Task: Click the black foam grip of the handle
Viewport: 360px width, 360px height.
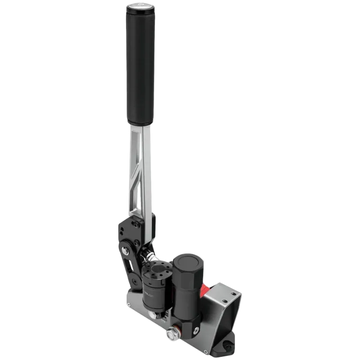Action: point(140,67)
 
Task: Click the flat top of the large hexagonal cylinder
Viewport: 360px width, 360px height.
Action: point(186,262)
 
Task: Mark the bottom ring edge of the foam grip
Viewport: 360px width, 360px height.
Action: point(140,122)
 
